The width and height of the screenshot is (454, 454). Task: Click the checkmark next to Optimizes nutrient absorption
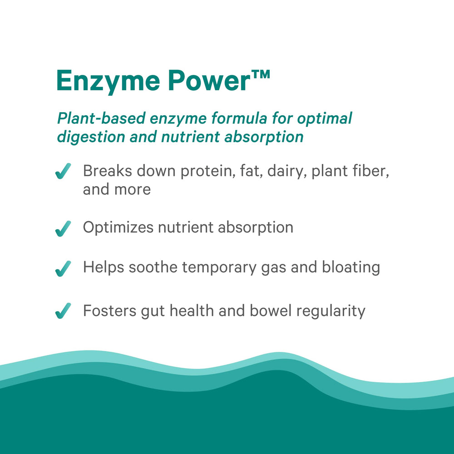click(63, 228)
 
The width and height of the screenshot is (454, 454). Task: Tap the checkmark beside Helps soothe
click(63, 268)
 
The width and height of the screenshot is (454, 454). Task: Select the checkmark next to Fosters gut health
click(63, 311)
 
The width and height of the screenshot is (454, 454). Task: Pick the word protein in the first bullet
click(204, 172)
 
